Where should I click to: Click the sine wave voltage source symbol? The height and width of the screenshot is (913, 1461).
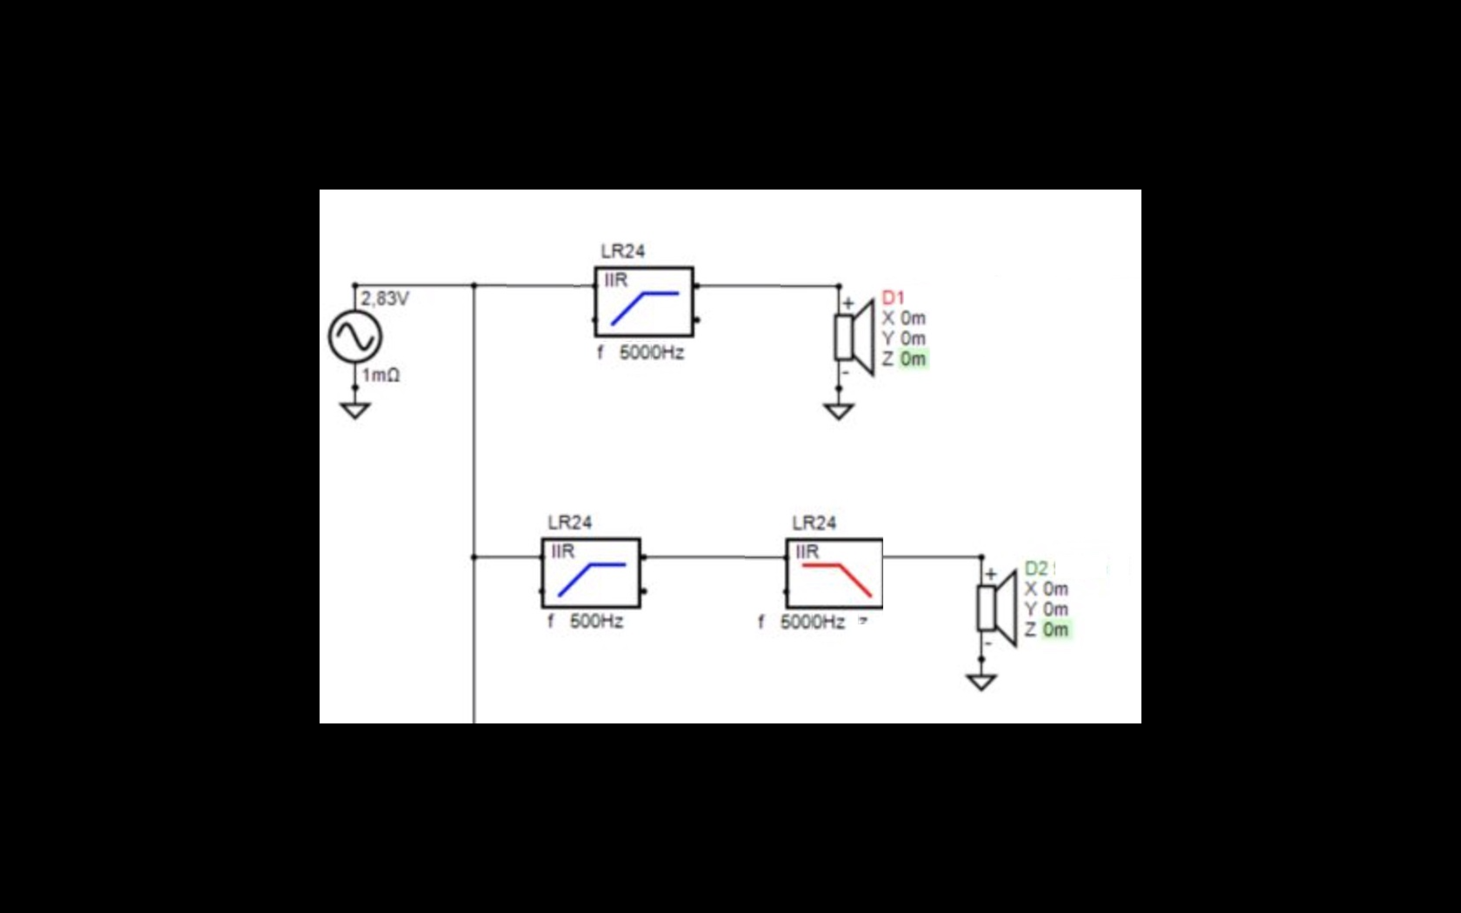click(x=355, y=337)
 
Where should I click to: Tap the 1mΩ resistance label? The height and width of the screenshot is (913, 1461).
click(x=381, y=376)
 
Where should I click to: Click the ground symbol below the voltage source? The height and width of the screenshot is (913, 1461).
click(x=355, y=410)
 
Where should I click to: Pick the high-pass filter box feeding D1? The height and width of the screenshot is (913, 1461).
click(x=644, y=301)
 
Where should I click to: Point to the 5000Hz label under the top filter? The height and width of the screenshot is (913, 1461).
click(x=651, y=353)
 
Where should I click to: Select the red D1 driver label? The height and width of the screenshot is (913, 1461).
click(x=894, y=298)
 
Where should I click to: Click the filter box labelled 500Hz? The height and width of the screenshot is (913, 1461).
click(x=591, y=573)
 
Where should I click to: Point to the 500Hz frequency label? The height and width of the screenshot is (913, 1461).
click(x=597, y=621)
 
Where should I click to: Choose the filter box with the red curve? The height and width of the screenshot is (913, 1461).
click(x=835, y=573)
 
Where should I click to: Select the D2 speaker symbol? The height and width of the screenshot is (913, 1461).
click(x=997, y=609)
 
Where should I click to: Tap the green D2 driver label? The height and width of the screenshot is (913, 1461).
click(x=1036, y=568)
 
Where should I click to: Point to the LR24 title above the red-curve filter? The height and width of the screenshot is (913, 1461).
click(x=814, y=523)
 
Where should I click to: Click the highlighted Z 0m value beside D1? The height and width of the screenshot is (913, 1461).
click(x=912, y=359)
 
